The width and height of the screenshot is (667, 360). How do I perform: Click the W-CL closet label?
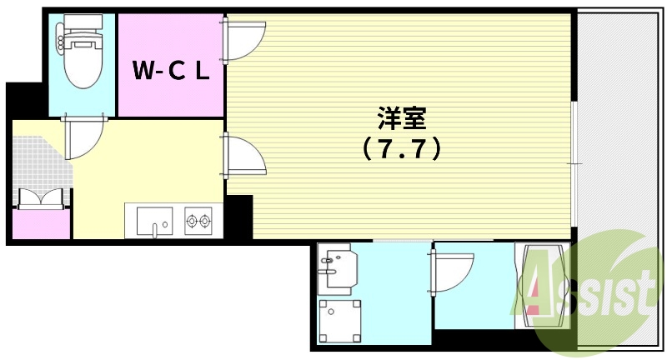tap(171, 70)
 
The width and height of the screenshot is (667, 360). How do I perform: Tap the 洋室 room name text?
tap(402, 118)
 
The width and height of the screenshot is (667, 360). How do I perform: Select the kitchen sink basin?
tap(154, 221)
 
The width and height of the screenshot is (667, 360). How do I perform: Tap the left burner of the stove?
tap(192, 221)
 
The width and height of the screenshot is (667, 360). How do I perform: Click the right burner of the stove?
tap(205, 221)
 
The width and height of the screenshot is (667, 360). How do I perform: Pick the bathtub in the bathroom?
tap(542, 285)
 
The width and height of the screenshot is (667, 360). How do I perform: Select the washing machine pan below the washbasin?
tap(340, 322)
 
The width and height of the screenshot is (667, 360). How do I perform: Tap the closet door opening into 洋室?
tap(243, 40)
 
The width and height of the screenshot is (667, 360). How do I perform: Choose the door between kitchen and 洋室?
tap(243, 156)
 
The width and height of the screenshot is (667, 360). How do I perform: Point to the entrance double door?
tap(41, 199)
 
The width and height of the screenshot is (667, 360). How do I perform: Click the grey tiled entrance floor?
tap(40, 163)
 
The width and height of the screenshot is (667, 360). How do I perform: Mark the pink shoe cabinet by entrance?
tap(41, 224)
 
